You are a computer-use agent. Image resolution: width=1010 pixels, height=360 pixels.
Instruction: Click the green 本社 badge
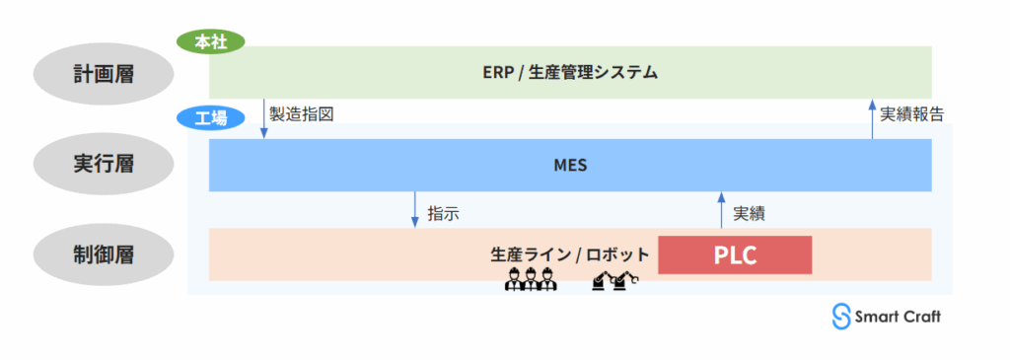tap(210, 42)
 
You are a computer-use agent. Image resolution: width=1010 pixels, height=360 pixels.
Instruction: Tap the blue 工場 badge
tap(210, 117)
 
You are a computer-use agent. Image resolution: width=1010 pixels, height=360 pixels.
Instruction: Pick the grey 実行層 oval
tap(102, 165)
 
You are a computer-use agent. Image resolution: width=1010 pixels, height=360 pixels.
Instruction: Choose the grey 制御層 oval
tap(102, 254)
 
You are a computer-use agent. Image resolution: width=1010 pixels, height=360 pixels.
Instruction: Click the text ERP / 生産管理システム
tap(570, 72)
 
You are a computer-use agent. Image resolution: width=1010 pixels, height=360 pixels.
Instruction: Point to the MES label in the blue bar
tap(570, 165)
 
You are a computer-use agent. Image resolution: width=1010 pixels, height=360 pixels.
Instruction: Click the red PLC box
tap(734, 255)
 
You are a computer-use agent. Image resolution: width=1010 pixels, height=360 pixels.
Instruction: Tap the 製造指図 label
tap(301, 114)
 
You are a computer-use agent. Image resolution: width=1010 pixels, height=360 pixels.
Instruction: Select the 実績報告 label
tap(911, 114)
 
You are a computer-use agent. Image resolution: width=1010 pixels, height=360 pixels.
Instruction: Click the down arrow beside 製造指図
tap(264, 118)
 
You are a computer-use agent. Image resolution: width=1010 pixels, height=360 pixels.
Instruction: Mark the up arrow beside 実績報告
tap(872, 118)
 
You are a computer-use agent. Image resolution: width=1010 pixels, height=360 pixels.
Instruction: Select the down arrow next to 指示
tap(416, 209)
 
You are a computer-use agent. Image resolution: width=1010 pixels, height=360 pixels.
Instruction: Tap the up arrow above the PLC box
tap(721, 209)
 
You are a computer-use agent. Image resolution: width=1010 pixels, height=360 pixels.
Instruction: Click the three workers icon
tap(531, 278)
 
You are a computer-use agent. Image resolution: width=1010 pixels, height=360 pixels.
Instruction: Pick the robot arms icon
tap(615, 281)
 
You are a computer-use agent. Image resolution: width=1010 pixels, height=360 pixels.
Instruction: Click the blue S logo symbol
tap(841, 315)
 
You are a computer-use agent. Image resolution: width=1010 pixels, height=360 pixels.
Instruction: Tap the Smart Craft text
tap(898, 317)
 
